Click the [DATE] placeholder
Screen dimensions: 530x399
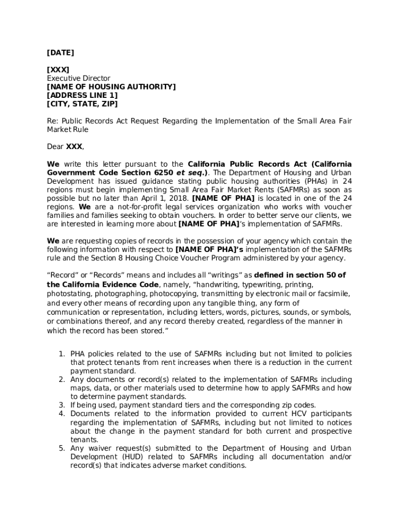(x=60, y=53)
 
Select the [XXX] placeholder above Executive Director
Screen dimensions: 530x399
(x=58, y=70)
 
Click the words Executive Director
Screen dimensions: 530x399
(x=78, y=79)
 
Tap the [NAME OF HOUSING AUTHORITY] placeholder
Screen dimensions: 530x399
(x=111, y=87)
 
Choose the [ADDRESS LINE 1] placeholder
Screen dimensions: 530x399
(x=82, y=96)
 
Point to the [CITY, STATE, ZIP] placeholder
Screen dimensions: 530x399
(x=82, y=104)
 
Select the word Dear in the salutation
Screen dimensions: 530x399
(x=55, y=147)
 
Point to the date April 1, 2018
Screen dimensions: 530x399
(x=161, y=198)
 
